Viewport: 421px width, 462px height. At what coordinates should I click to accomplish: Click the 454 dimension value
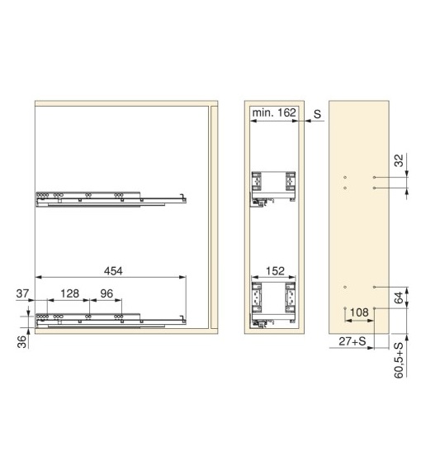(113, 271)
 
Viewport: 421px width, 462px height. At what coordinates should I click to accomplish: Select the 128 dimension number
(69, 293)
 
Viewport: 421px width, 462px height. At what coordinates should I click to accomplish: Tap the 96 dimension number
(106, 293)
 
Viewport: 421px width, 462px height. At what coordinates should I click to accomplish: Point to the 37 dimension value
(22, 293)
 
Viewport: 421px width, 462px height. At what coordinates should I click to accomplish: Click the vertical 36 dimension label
(22, 342)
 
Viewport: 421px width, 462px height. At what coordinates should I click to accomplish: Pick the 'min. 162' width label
(274, 112)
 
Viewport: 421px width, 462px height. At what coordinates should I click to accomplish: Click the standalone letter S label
(317, 114)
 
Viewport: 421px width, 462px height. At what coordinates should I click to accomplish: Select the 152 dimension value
(275, 271)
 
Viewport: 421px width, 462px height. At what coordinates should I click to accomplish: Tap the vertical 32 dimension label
(399, 160)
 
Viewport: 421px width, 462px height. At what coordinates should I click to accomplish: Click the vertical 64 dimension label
(399, 298)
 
